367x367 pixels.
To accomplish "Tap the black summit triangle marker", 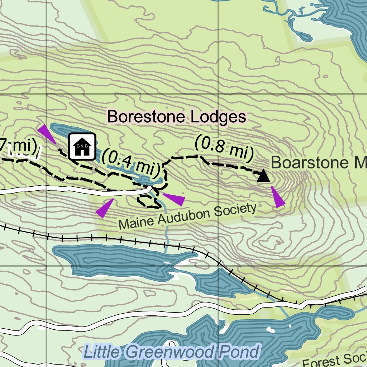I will point(264,176).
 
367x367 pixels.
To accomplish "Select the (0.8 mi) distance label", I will point(224,148).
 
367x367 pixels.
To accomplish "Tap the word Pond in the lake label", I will point(238,352).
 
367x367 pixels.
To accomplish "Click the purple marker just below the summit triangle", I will point(277,197).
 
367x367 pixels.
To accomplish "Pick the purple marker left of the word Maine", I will point(104,208).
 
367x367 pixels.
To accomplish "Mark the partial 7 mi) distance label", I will point(18,146).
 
